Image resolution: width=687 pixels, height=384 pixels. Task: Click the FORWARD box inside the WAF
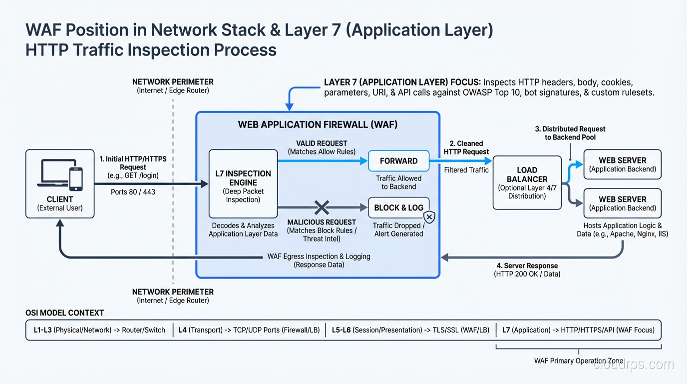(398, 161)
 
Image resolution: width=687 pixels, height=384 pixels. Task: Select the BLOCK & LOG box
(398, 208)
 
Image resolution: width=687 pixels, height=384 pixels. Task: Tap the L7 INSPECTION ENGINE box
(243, 183)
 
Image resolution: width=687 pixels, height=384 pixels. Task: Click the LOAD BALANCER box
(527, 182)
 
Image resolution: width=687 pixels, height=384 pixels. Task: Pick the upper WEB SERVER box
(622, 164)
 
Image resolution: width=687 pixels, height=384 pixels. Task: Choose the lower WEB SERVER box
(622, 203)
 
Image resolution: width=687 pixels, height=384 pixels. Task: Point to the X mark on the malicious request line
(322, 207)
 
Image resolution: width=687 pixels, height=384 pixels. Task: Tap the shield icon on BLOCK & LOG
(429, 217)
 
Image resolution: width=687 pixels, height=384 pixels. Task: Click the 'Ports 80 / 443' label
(133, 191)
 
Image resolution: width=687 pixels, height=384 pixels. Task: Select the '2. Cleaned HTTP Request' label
(466, 147)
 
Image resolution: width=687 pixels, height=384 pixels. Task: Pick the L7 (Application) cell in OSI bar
(578, 330)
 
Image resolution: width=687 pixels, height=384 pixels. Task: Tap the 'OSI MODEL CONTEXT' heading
(65, 313)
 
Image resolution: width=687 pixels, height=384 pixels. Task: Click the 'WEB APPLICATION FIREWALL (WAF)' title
(318, 124)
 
